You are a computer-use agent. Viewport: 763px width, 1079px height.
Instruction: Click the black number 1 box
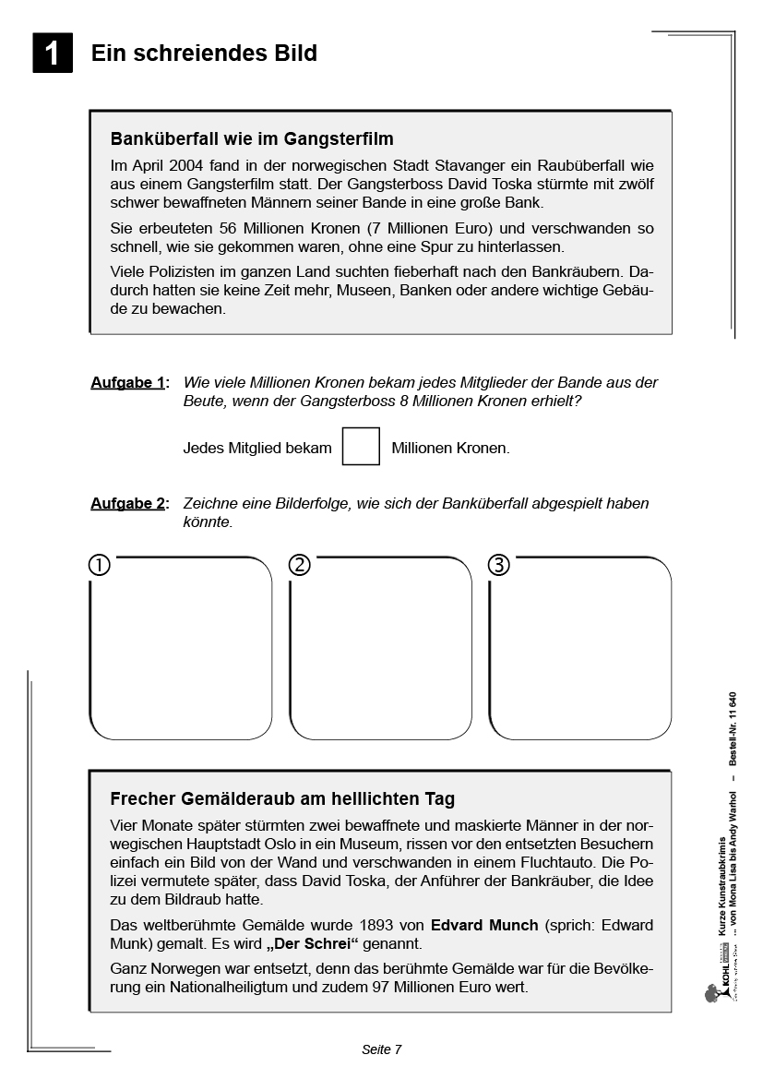coord(53,53)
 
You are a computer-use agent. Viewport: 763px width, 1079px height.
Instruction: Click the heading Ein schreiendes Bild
coord(204,54)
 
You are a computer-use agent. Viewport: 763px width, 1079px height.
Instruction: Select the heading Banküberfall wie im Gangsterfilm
coord(252,139)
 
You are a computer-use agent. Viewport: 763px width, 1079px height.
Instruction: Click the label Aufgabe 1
coord(128,382)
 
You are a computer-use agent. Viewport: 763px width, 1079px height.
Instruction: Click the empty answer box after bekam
coord(361,447)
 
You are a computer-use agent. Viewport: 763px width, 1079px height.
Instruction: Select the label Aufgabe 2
coord(128,503)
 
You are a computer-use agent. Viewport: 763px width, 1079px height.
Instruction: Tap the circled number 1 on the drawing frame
coord(100,565)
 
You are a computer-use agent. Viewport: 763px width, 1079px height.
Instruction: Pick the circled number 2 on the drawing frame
coord(299,565)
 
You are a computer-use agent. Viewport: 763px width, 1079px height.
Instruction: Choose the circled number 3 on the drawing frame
coord(498,565)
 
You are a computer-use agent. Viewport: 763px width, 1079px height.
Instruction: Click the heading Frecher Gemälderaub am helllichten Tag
coord(282,798)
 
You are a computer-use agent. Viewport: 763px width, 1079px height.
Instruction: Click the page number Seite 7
coord(381,1049)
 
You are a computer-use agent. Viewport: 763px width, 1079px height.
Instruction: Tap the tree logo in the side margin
coord(710,993)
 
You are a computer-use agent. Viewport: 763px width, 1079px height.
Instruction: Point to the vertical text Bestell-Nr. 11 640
coord(733,728)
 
